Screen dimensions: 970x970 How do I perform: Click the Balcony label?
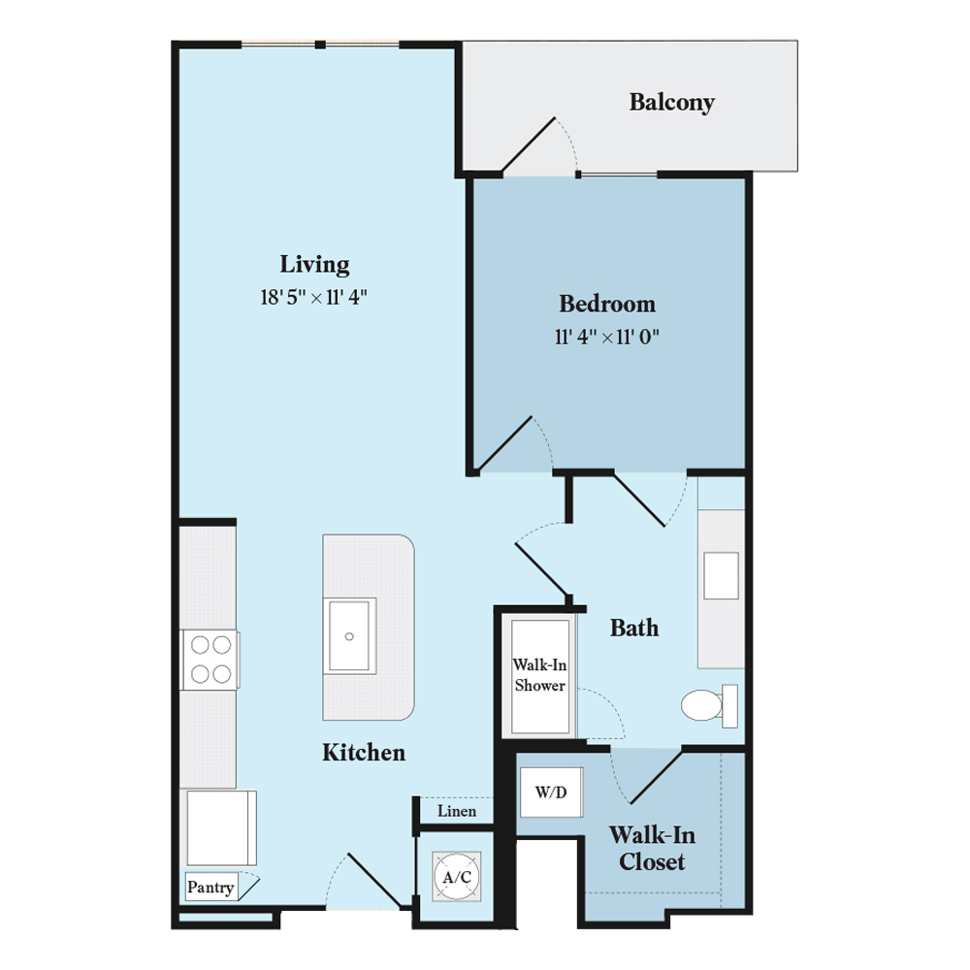[672, 102]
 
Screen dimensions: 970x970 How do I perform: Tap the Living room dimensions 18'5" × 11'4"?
[313, 298]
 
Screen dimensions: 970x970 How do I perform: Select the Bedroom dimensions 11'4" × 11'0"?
[607, 338]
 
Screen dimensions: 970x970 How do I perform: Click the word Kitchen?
[364, 753]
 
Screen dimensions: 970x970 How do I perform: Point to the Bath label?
[634, 628]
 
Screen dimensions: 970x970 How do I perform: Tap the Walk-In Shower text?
[539, 675]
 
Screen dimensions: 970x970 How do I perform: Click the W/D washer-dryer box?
[551, 792]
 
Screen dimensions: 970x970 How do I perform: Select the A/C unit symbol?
[457, 877]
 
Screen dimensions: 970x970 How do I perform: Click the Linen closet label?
[457, 811]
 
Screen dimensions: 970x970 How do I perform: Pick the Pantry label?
[210, 888]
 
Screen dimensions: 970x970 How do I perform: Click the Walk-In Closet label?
[652, 848]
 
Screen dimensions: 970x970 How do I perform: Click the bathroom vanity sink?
[722, 575]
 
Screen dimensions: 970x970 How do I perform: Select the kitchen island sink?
[349, 636]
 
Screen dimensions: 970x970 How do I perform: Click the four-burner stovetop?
[210, 660]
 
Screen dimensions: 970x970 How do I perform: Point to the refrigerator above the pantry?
[221, 827]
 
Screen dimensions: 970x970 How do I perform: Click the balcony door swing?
[537, 146]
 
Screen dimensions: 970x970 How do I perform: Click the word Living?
[314, 265]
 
